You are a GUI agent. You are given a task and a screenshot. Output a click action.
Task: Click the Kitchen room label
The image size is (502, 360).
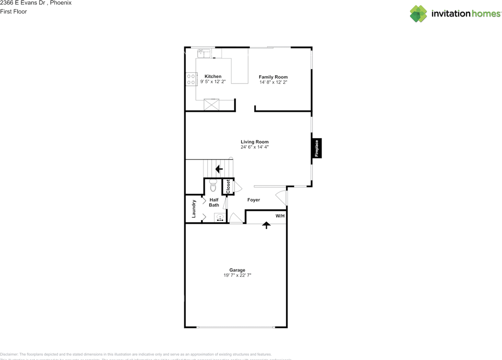point(213,76)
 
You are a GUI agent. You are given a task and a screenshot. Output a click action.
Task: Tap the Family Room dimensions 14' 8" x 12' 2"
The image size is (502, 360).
point(273,82)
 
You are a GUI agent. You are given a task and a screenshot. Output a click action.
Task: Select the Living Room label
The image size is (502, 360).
point(255,142)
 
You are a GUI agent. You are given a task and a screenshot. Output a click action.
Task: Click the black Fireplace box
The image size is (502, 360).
point(317,148)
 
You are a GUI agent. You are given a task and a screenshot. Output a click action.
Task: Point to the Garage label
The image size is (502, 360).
point(237,270)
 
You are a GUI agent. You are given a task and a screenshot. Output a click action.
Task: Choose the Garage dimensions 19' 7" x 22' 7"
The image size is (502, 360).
point(237,275)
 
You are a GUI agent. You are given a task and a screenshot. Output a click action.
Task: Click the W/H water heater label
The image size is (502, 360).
point(280,216)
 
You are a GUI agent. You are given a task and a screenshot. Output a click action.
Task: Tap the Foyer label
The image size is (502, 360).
point(253,200)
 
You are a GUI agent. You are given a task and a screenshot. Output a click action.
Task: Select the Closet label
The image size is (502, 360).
point(228,187)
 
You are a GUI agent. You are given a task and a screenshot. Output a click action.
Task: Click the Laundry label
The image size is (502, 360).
point(194,209)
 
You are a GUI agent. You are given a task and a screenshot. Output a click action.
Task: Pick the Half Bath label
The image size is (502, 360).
point(214,202)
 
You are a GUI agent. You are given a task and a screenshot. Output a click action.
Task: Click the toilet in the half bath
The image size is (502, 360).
point(213,185)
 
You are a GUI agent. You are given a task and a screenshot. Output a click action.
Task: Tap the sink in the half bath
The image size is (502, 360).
point(220,217)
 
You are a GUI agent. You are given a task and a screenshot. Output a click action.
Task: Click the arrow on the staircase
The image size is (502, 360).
point(219,169)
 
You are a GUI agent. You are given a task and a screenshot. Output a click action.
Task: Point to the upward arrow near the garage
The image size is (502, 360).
point(266,225)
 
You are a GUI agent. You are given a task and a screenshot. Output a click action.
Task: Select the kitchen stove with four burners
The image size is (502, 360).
point(191,79)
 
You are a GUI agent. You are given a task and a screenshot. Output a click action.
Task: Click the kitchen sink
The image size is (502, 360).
point(204,53)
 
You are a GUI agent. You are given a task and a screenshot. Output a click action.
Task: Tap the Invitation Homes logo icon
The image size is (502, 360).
point(418,14)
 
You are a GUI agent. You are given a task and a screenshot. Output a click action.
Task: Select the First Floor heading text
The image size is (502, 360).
point(14,11)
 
